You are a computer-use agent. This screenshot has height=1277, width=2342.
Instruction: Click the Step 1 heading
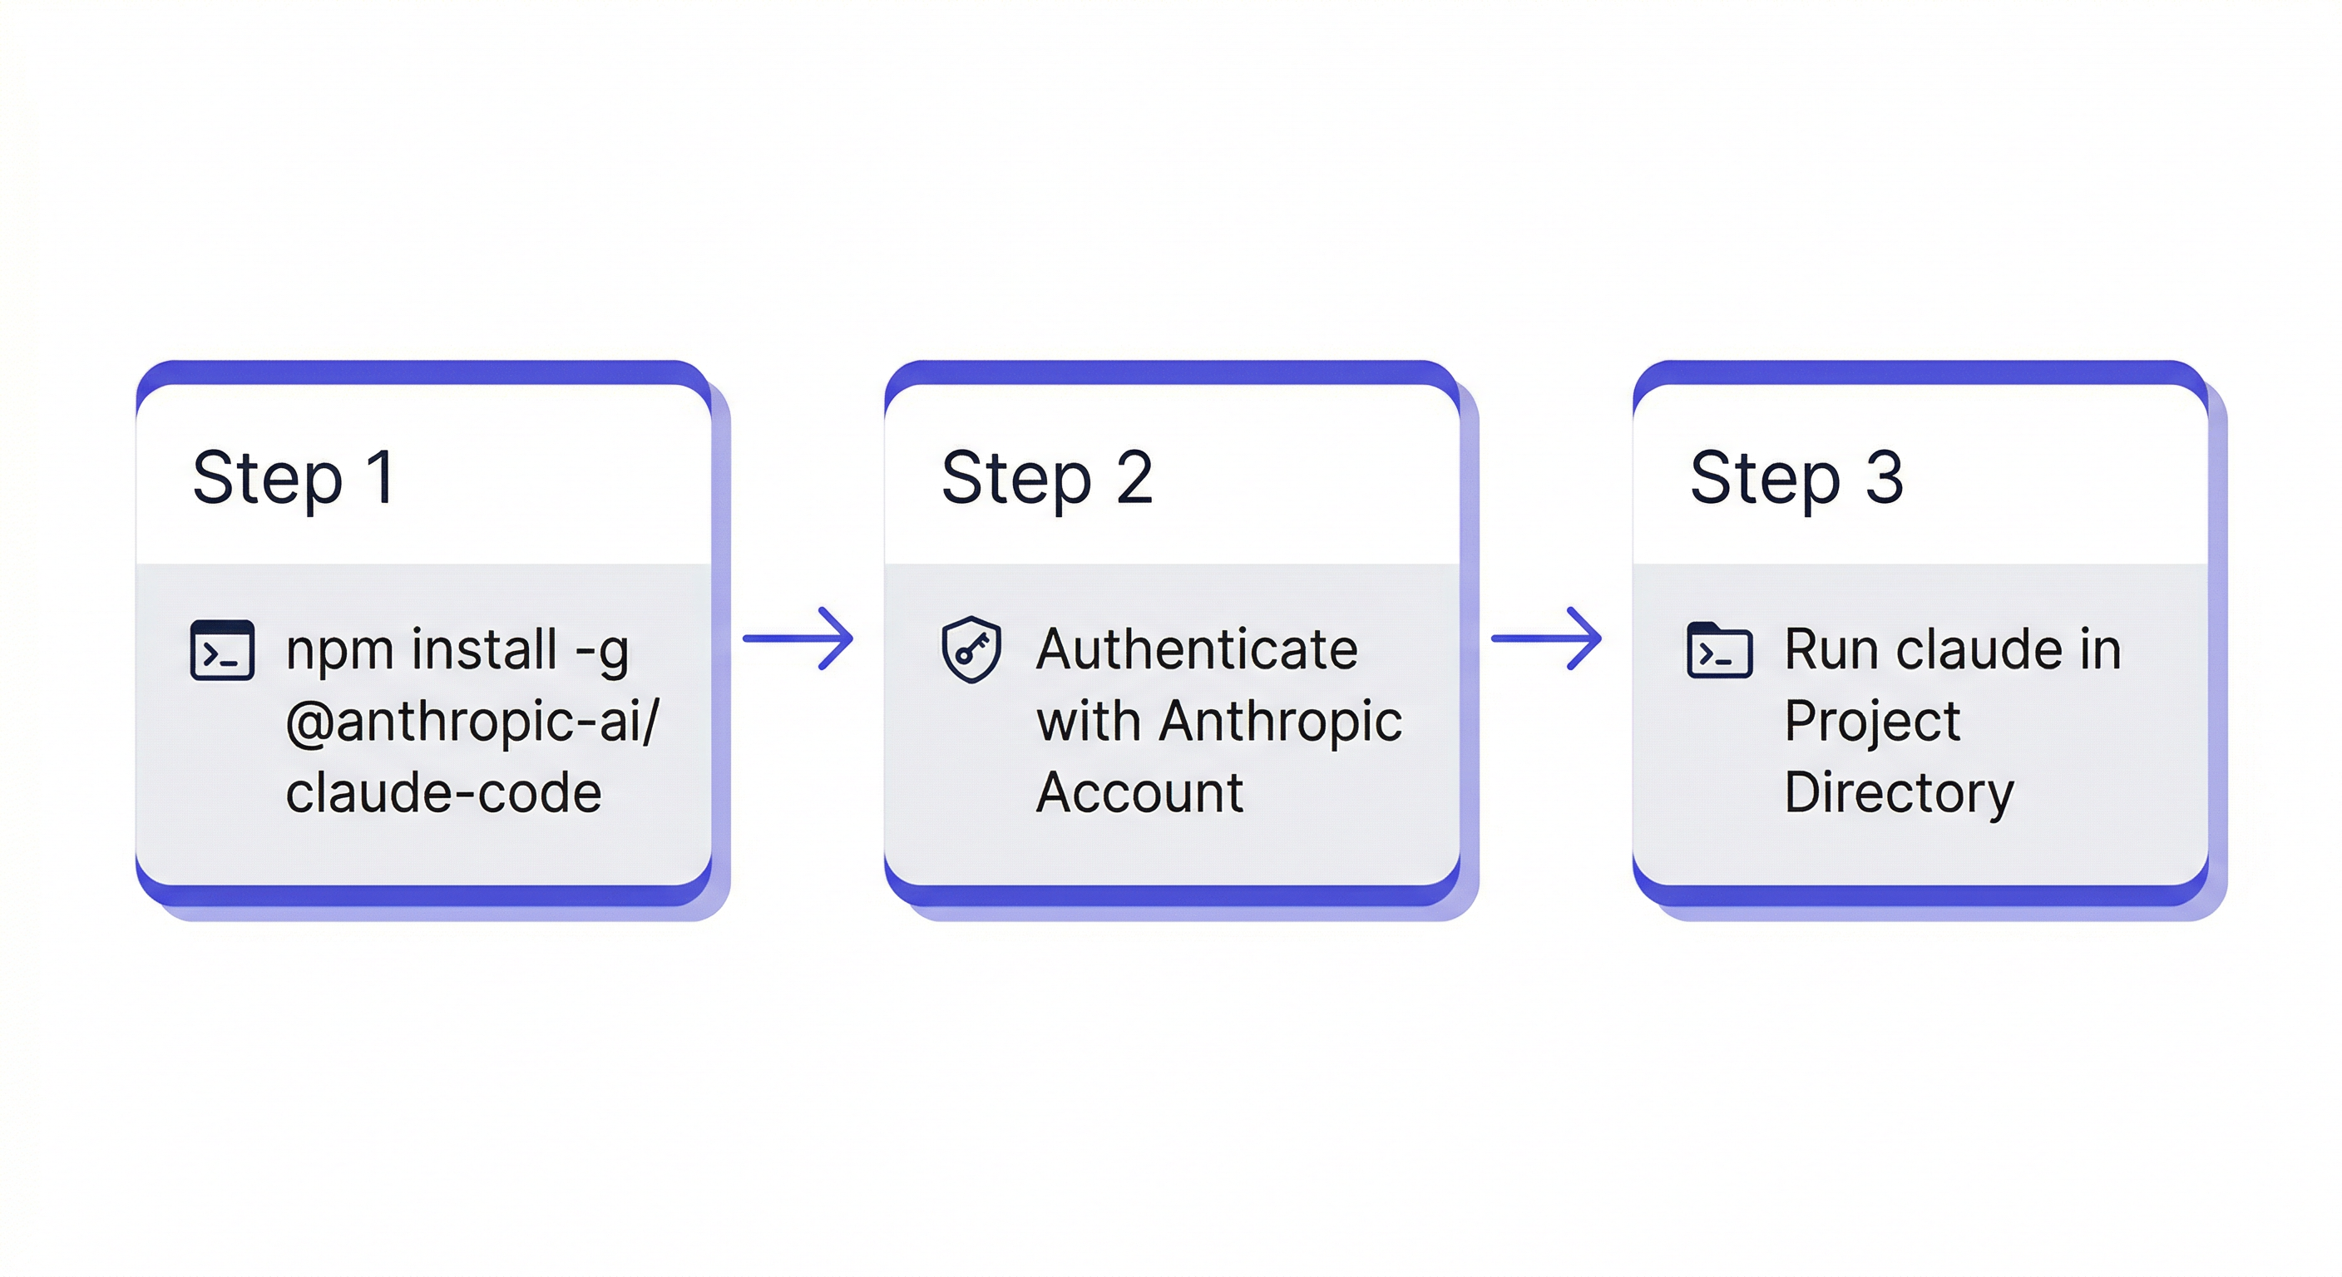(294, 478)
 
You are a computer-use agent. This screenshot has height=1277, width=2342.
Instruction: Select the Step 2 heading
(1046, 478)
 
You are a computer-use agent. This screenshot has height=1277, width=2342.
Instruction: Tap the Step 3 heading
(1796, 478)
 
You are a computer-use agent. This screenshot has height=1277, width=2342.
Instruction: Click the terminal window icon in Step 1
(222, 650)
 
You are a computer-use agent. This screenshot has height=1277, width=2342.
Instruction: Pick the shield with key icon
(971, 649)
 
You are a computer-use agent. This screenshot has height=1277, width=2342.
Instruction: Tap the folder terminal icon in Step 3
(1719, 650)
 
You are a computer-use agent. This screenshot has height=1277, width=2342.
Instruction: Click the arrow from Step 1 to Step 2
(798, 639)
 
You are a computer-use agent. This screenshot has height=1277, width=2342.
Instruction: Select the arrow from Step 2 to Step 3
(1546, 639)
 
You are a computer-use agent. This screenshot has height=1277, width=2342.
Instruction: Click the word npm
(340, 652)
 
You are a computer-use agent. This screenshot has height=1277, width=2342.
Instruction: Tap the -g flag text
(602, 652)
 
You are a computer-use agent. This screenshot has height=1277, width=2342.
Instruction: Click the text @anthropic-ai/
(472, 722)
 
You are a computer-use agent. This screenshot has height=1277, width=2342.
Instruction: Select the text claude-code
(443, 792)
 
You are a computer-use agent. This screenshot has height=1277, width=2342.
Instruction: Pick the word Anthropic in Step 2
(1280, 722)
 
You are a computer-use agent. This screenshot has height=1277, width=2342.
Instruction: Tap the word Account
(1139, 792)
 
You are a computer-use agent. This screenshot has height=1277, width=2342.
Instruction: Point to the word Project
(1871, 722)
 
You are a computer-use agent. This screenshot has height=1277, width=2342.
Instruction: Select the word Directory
(1899, 792)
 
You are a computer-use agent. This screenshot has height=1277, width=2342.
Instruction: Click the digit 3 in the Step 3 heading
(1885, 478)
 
